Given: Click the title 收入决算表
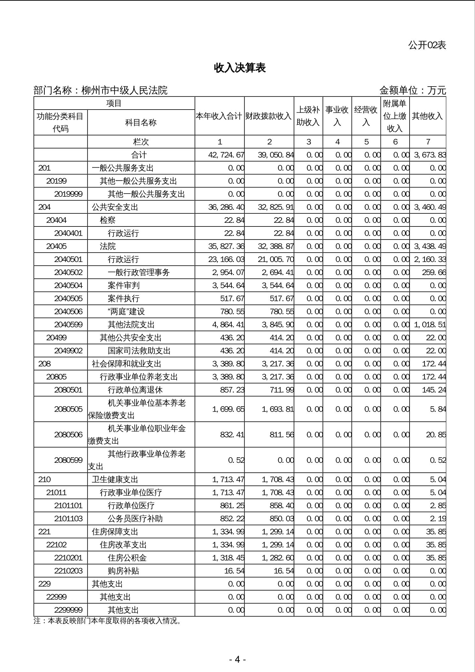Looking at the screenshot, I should point(240,68).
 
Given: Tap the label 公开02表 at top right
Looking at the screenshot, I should point(427,45).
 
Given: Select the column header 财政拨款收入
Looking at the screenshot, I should point(269,116).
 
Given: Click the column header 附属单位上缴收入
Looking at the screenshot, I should point(395,116).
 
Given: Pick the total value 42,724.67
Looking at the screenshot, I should point(226,155).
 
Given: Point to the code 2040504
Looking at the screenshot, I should point(68,285).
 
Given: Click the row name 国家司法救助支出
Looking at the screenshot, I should point(139,351).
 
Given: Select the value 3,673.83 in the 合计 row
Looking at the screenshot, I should point(430,155).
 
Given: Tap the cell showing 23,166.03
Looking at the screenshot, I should point(226,259).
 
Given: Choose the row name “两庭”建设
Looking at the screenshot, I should point(126,311).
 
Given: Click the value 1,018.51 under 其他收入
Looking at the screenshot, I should point(430,325).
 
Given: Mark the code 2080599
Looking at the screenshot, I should point(68,460).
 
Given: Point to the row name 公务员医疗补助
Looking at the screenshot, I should point(135,518).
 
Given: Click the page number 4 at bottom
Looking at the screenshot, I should point(237,659).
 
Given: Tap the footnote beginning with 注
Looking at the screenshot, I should point(108,621).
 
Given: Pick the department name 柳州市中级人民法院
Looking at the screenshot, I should point(124,91).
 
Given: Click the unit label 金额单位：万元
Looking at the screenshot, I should point(412,91).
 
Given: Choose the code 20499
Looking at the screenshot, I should point(57,338).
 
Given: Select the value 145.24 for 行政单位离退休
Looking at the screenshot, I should point(434,390).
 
